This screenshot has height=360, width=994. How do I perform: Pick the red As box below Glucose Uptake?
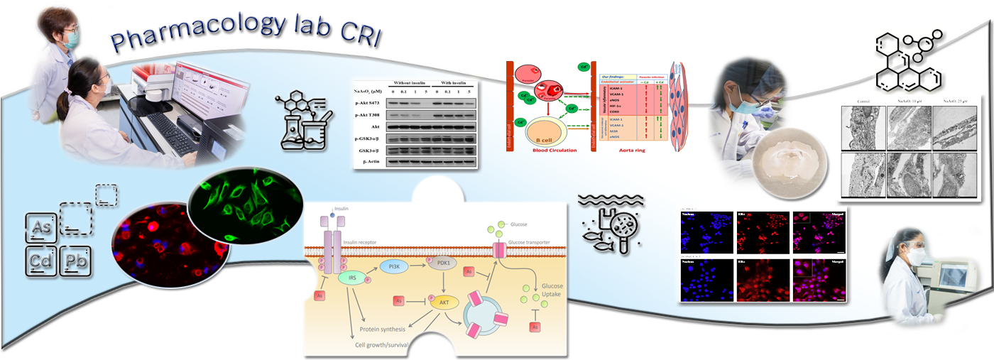535,327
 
